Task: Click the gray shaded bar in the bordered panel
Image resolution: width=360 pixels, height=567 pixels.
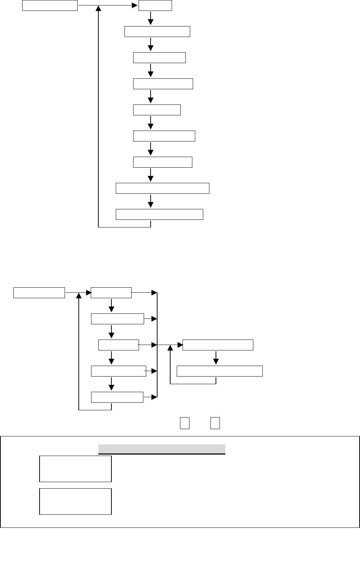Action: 162,449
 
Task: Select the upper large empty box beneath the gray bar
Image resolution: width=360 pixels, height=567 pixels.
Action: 75,469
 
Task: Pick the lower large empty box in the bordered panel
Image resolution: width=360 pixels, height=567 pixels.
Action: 75,501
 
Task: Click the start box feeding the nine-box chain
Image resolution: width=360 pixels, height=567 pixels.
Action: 50,5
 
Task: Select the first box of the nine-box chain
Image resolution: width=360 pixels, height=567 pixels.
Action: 155,5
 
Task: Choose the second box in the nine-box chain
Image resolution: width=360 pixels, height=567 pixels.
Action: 157,32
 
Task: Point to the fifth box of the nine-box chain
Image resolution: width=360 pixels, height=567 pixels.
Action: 157,110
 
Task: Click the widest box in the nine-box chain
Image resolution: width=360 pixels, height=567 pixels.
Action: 162,188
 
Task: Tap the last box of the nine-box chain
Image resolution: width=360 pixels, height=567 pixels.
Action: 159,214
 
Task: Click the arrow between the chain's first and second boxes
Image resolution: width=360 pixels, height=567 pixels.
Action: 151,19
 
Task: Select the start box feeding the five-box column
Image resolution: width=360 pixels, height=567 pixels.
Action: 39,292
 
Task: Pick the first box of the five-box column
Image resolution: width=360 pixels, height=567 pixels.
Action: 111,292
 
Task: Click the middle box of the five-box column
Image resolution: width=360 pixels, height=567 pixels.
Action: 119,345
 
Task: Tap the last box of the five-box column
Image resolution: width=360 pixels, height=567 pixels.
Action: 117,397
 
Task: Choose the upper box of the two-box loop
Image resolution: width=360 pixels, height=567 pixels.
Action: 218,345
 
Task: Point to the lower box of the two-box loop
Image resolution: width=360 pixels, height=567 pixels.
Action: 220,371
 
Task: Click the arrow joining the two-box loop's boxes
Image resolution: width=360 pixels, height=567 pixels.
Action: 216,358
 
